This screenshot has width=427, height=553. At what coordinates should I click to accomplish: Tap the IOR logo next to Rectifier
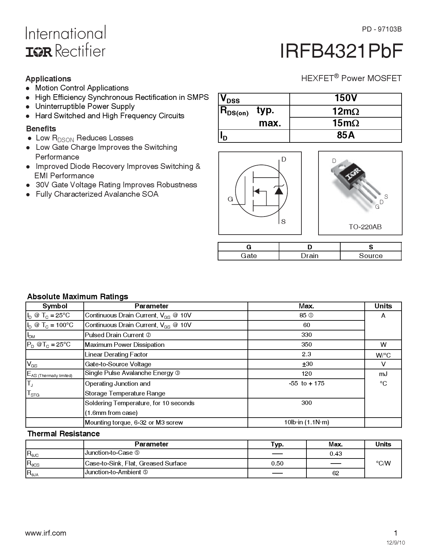coord(39,51)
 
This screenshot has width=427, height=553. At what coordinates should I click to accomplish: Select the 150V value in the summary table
coord(345,98)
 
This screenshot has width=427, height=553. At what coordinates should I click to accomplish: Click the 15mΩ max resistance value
coord(345,123)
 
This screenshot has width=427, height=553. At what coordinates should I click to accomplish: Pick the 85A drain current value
coord(345,135)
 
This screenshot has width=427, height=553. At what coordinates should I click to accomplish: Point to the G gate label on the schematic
coord(230,199)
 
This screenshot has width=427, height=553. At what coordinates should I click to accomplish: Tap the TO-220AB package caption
coord(365,227)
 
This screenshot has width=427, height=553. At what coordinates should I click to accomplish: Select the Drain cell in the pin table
coord(309,256)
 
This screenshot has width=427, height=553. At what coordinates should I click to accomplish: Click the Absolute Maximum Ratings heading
coord(77,297)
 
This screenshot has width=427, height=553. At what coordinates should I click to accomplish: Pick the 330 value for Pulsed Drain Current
coord(306,335)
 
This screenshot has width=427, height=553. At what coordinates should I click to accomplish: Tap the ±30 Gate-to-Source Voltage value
coord(307,364)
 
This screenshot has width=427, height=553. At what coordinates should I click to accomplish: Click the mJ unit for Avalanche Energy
coord(383,374)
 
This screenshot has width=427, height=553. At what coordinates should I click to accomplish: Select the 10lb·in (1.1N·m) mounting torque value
coord(306,422)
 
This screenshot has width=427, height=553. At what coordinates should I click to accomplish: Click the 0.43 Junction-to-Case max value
coord(335,454)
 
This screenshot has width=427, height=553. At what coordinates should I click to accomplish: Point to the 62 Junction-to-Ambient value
coord(335,473)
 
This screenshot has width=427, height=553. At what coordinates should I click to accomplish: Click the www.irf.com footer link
coord(46,533)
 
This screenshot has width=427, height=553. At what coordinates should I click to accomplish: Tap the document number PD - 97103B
coord(381,29)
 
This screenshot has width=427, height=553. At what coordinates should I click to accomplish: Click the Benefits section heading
coord(41,129)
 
